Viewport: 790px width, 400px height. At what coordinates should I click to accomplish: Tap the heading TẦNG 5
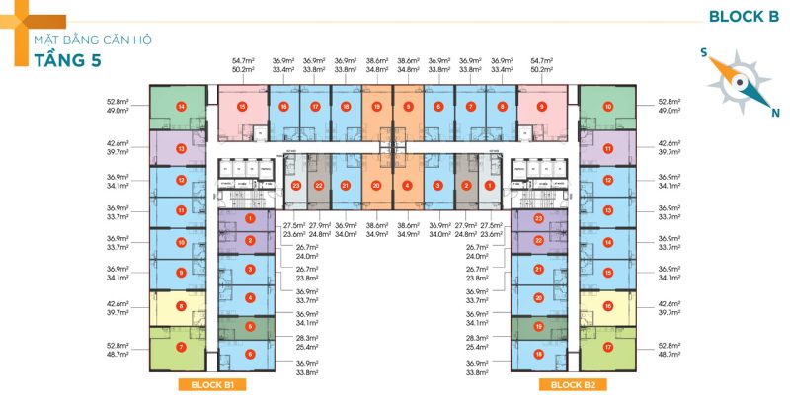60,61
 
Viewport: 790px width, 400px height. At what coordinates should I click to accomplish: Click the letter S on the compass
703,54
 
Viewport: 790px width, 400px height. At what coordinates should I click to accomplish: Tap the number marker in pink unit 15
241,106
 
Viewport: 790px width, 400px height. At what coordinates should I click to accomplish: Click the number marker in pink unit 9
541,106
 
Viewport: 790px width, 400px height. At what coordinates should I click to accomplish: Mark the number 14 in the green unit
181,107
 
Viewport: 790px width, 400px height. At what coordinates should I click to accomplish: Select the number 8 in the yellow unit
181,306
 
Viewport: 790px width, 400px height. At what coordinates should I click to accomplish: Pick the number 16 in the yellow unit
608,306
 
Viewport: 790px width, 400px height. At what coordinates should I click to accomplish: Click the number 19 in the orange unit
376,106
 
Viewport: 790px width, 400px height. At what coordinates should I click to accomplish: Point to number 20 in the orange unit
376,185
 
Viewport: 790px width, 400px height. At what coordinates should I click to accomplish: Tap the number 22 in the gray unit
319,185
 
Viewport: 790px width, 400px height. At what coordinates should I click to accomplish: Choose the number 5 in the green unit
250,326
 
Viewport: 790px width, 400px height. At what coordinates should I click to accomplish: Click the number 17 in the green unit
608,347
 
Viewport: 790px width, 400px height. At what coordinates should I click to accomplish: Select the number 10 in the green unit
608,107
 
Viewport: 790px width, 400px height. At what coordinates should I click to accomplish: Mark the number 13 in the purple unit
181,148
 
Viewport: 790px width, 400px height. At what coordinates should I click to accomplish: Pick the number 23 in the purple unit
538,218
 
